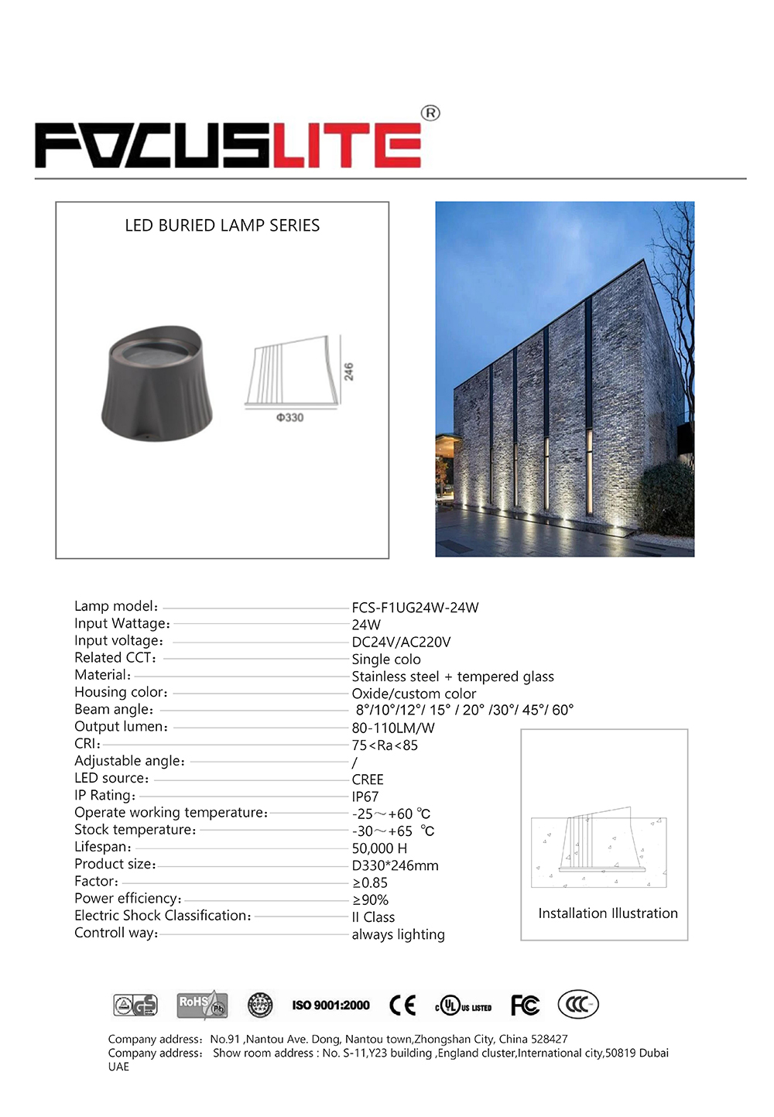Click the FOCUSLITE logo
tap(228, 145)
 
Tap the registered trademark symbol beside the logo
tap(430, 113)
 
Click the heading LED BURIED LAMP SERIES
tap(222, 225)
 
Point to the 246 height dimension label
tap(348, 372)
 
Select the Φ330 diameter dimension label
tap(290, 418)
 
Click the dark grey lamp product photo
tap(157, 382)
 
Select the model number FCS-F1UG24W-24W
tap(415, 608)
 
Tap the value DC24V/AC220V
tap(401, 642)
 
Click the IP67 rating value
tap(365, 797)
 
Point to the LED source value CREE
tap(368, 780)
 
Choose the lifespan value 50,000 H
tap(379, 848)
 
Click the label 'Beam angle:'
tap(114, 710)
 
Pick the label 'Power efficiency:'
tap(128, 899)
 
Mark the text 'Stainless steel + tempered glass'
tap(453, 677)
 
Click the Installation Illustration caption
tap(608, 913)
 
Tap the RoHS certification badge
tap(202, 1005)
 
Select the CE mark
tap(402, 1005)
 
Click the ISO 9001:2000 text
tap(331, 1005)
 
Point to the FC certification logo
tap(525, 1005)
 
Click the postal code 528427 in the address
tap(550, 1039)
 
